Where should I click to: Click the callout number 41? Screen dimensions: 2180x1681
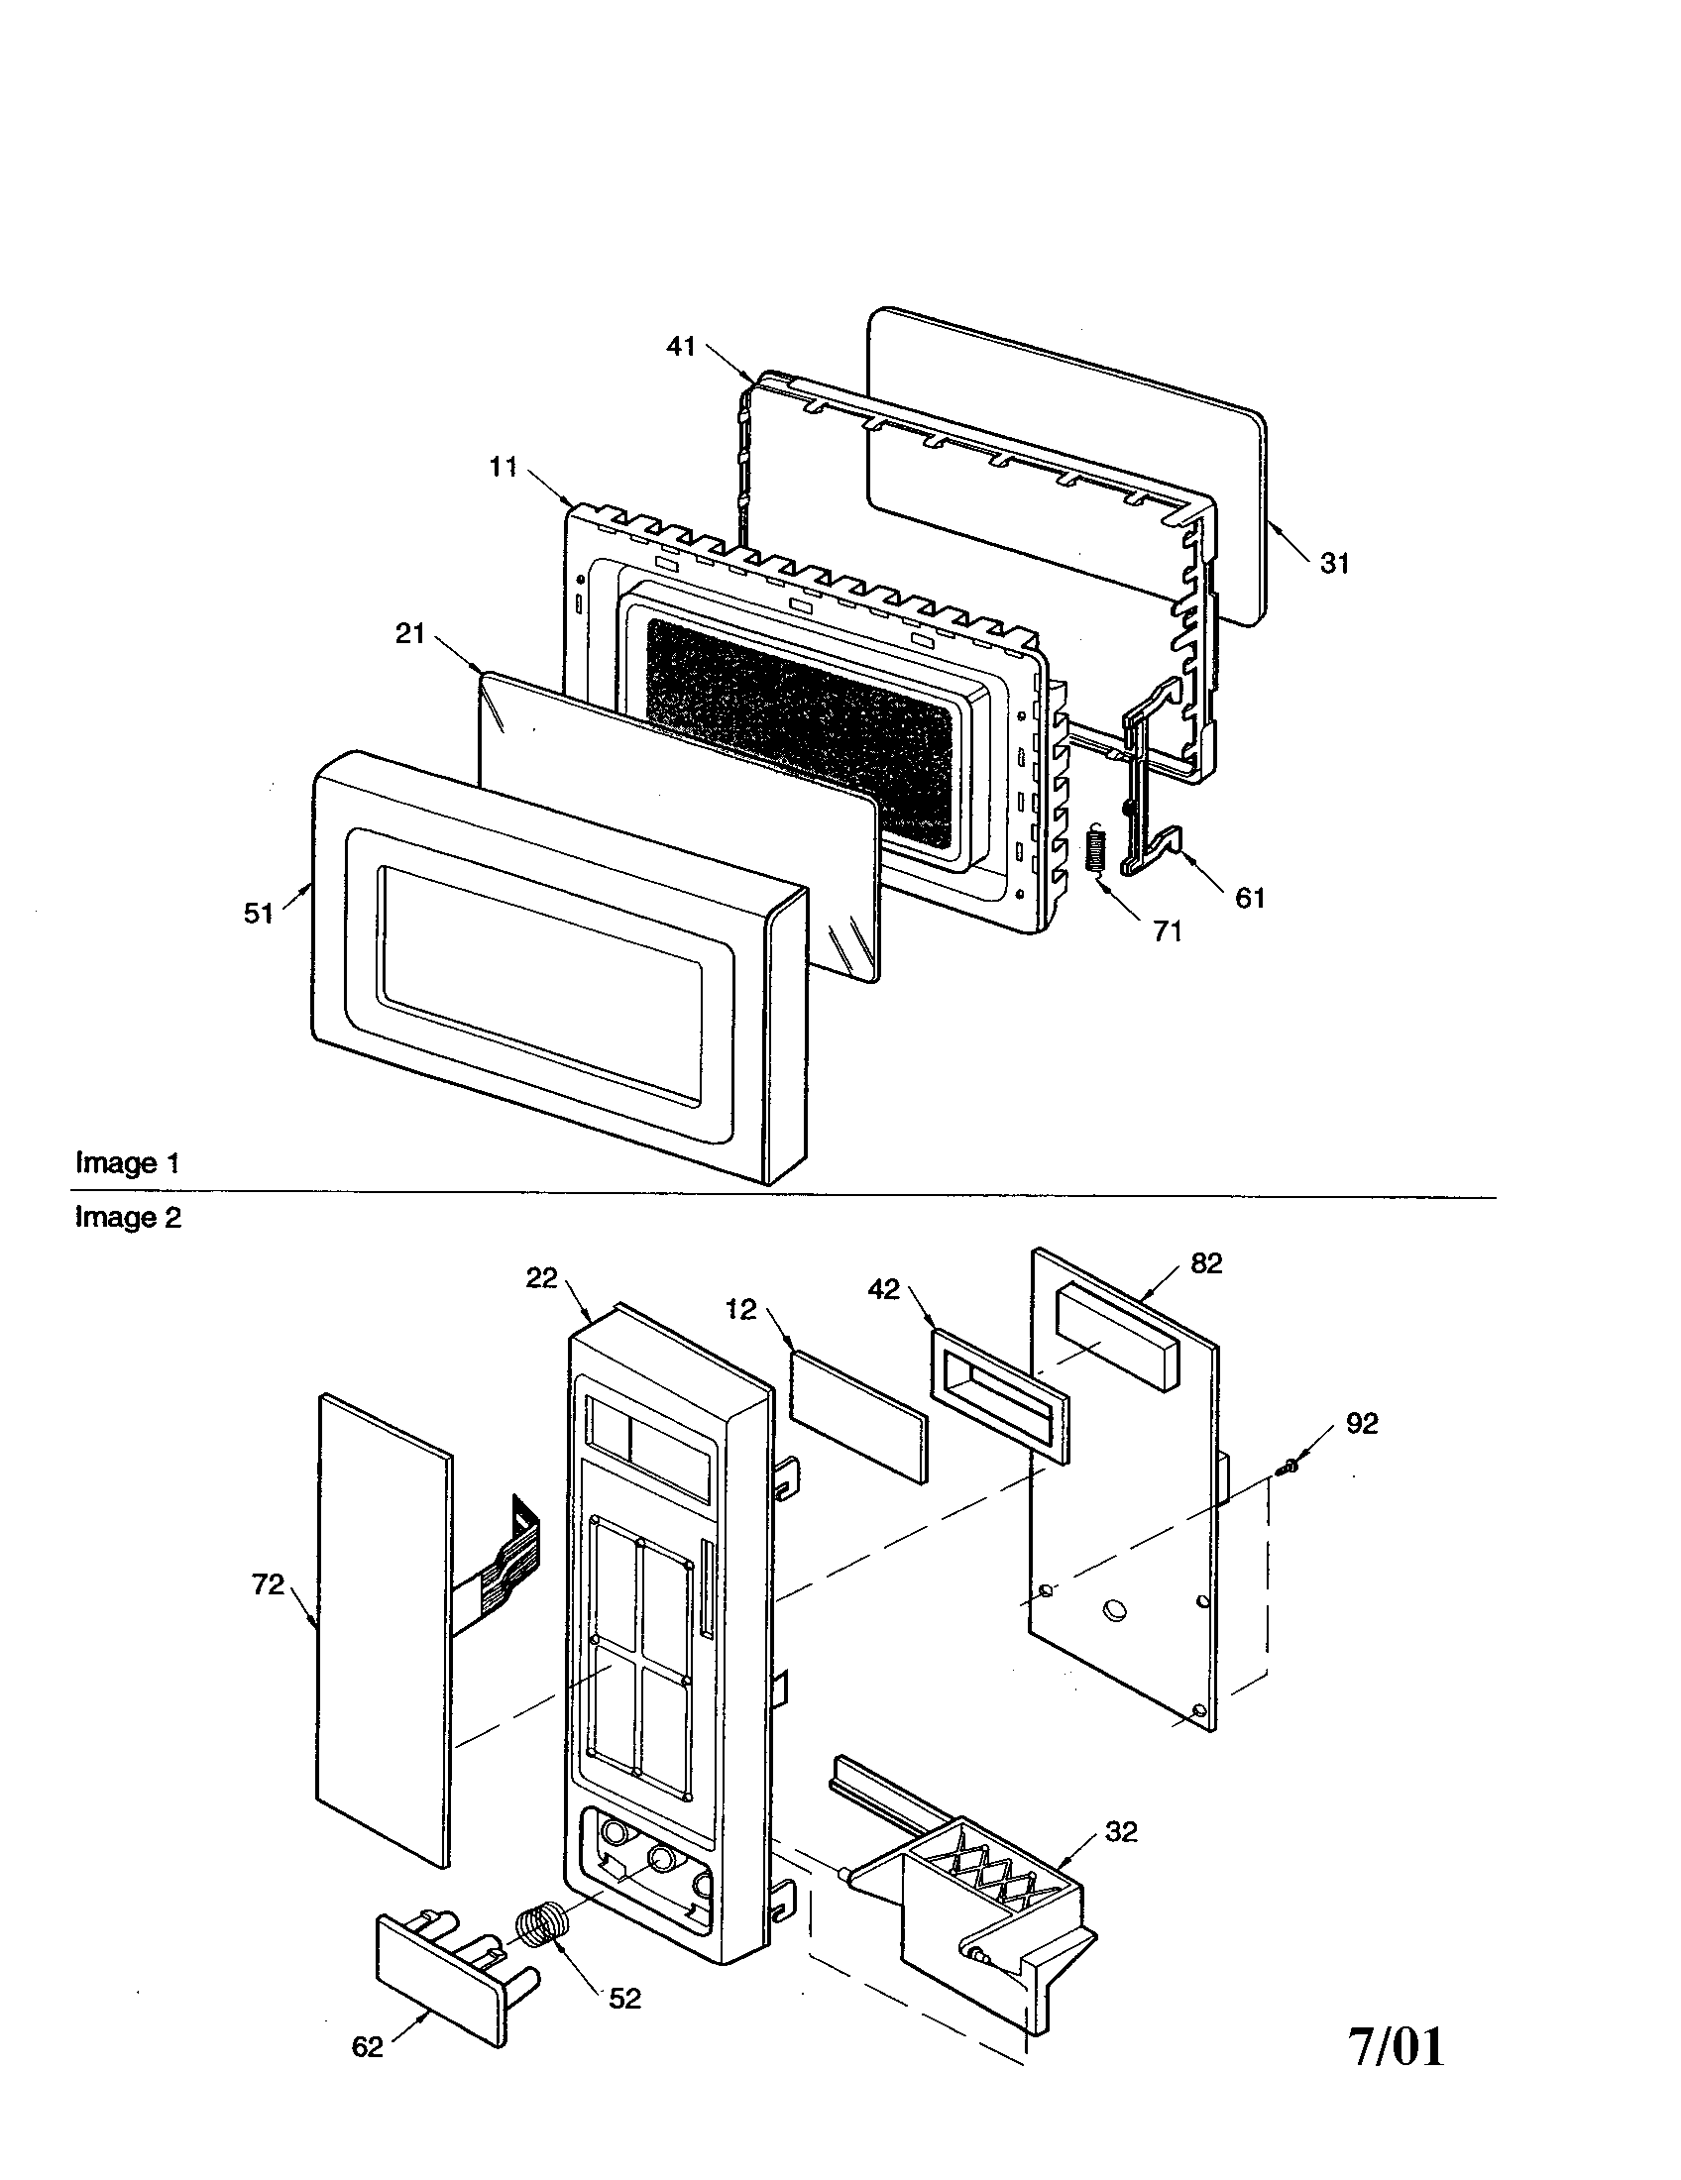[680, 348]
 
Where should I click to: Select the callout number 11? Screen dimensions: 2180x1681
[504, 466]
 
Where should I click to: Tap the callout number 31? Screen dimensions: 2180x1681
[1335, 564]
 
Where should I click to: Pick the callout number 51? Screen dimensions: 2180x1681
[258, 914]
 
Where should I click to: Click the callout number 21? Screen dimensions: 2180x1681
[410, 634]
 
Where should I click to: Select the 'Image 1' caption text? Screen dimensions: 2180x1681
[129, 1163]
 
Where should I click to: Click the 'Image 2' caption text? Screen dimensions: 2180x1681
[129, 1218]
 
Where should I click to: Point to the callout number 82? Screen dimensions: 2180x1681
[1206, 1263]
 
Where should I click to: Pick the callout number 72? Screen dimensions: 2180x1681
[268, 1584]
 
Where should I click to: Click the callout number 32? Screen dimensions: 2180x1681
[1121, 1831]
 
